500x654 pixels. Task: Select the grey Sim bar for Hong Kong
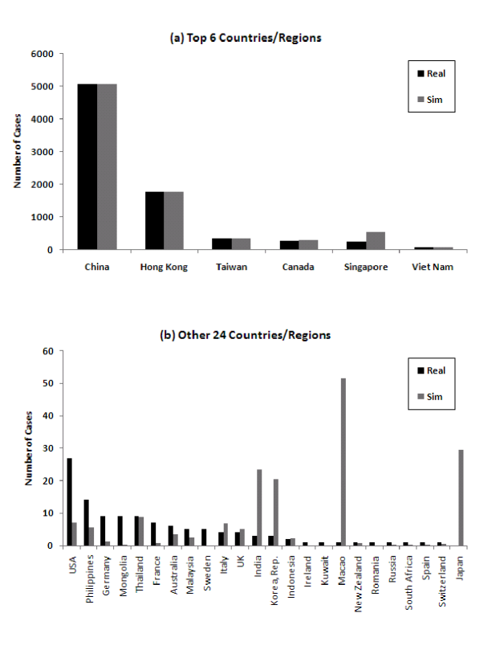tap(174, 220)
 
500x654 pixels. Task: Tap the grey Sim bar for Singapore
tap(376, 240)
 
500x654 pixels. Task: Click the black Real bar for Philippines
tap(87, 522)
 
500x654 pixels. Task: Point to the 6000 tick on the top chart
tap(43, 54)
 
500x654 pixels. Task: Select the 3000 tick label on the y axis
tap(43, 152)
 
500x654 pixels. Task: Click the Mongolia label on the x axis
tap(121, 574)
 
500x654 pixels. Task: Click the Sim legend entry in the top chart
tap(429, 100)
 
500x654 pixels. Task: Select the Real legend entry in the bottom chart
tap(429, 370)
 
